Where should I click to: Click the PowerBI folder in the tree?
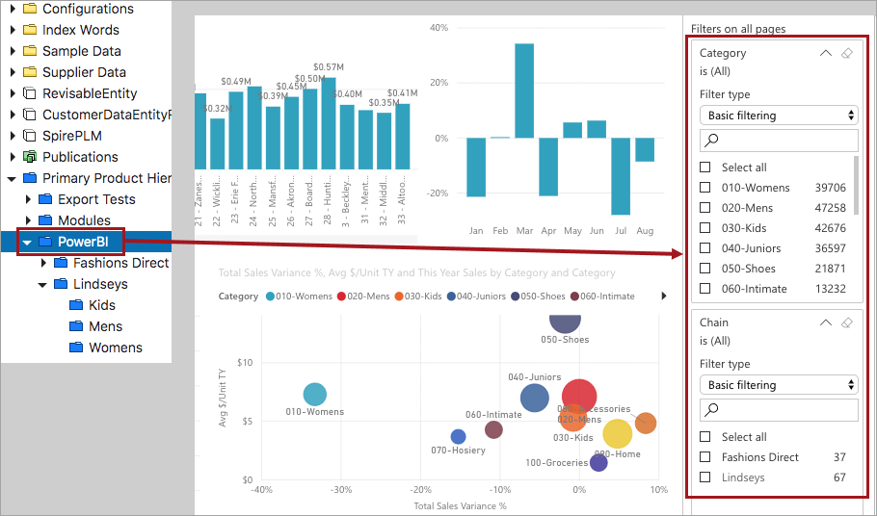click(x=82, y=242)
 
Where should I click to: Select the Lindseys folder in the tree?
click(x=100, y=284)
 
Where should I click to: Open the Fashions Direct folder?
click(x=120, y=263)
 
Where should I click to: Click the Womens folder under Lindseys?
click(x=115, y=348)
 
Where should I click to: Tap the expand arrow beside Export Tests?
click(x=28, y=199)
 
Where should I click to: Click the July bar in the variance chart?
click(x=621, y=176)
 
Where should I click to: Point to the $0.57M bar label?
click(x=330, y=66)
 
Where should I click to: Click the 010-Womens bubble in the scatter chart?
click(x=315, y=394)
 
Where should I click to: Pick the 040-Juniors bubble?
click(x=534, y=398)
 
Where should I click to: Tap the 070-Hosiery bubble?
click(x=458, y=437)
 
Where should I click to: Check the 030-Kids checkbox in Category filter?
click(x=705, y=228)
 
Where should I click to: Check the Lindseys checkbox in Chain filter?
click(x=705, y=477)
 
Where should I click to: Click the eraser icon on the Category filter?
click(x=847, y=53)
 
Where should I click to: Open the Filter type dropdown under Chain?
click(x=779, y=385)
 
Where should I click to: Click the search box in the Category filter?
click(x=779, y=141)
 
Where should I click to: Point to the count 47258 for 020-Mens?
click(x=830, y=208)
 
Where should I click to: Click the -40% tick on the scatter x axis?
click(x=261, y=490)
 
